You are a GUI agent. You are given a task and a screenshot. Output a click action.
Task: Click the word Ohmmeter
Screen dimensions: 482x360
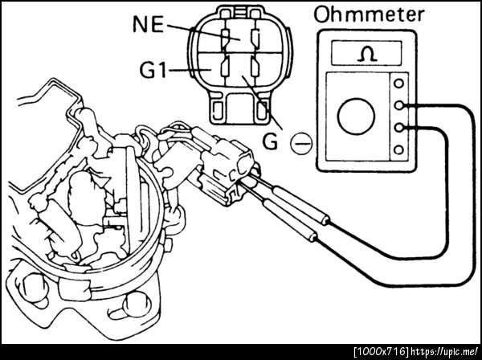tap(370, 14)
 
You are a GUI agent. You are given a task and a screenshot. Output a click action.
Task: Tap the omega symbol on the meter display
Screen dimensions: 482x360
tap(367, 55)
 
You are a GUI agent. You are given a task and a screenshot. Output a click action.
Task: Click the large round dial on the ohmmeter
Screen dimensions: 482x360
tap(356, 117)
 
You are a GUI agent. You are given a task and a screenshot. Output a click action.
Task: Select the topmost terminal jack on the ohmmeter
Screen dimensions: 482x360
tap(398, 84)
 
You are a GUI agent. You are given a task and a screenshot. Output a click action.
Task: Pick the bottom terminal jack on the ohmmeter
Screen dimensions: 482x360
tap(398, 150)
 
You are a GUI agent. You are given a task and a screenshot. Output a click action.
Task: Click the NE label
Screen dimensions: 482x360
tap(148, 24)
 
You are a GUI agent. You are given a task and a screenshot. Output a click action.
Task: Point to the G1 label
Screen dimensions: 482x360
tap(153, 70)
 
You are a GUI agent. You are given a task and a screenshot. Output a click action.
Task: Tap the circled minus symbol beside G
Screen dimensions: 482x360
tap(301, 143)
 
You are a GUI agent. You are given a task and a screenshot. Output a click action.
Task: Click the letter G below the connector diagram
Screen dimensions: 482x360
tap(271, 142)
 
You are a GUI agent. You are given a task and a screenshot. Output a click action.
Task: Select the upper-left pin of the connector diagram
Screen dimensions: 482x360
tap(225, 37)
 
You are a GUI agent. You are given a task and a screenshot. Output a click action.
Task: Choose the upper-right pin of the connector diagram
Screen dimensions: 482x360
tap(255, 37)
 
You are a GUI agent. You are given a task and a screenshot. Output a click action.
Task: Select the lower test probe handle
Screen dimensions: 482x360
tap(289, 220)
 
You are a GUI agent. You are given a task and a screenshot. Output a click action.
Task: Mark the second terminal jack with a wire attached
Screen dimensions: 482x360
tap(398, 105)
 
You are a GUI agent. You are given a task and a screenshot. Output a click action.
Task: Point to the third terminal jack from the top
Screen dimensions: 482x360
tap(398, 127)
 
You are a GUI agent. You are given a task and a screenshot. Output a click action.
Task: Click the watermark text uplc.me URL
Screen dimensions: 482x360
tap(444, 351)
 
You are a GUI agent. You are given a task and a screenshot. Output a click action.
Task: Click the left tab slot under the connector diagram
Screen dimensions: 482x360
tap(218, 110)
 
